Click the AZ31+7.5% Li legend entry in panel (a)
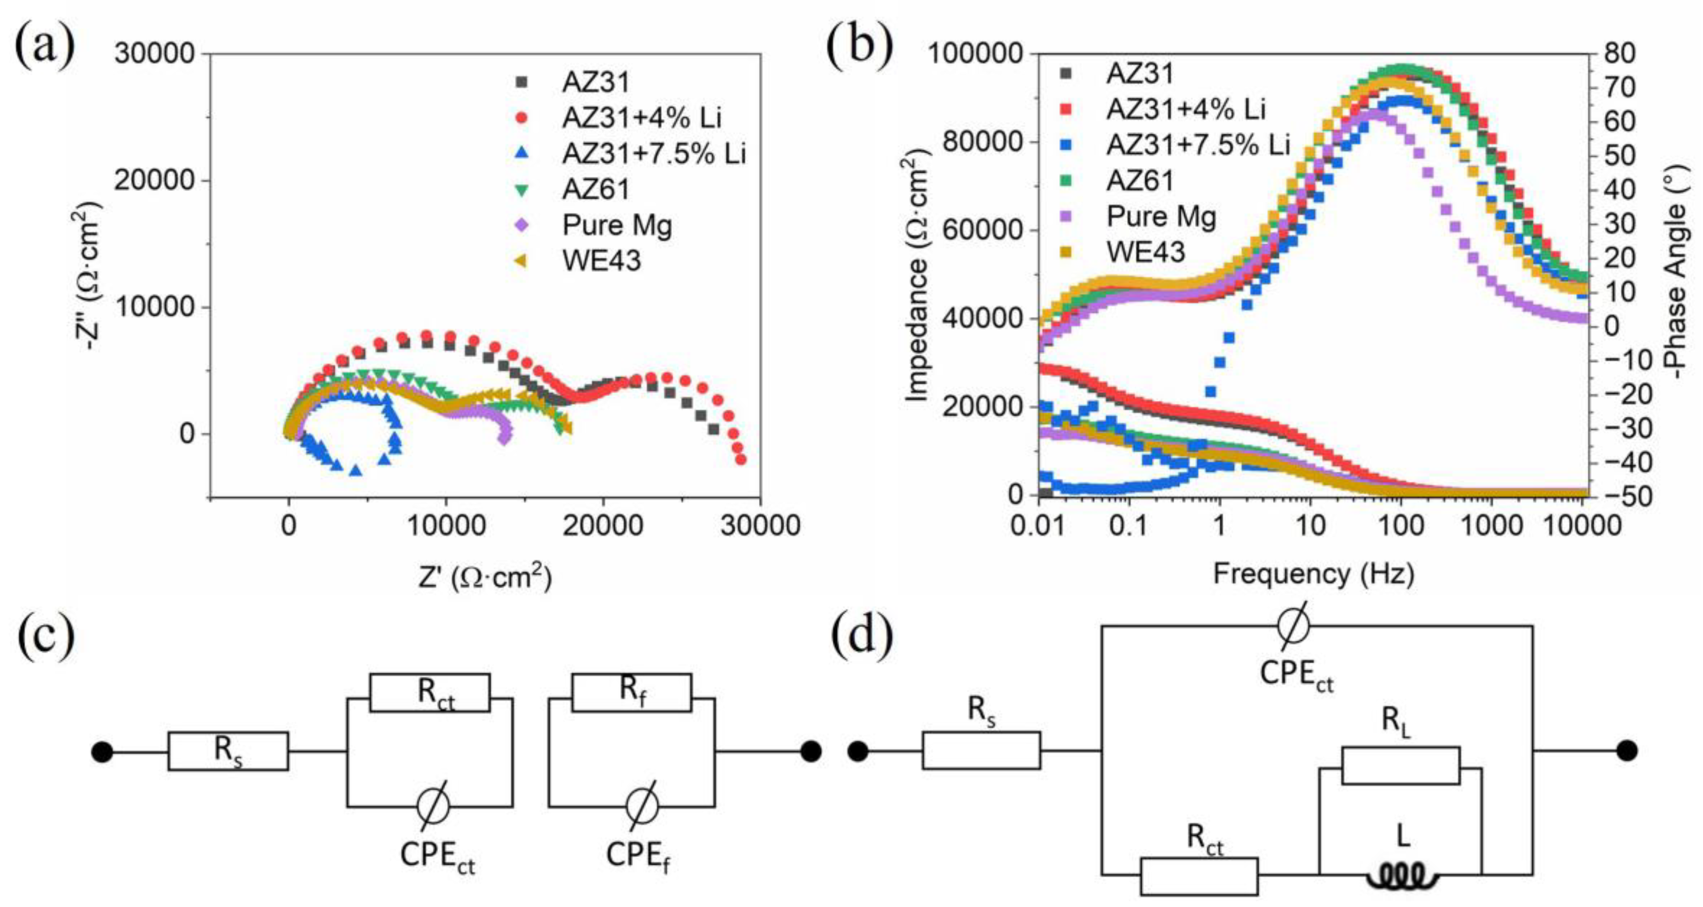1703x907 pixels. coord(653,154)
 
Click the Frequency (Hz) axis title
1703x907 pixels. coord(1314,574)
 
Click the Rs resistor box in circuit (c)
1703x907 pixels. coord(228,751)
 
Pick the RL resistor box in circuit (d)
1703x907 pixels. coord(1400,766)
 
